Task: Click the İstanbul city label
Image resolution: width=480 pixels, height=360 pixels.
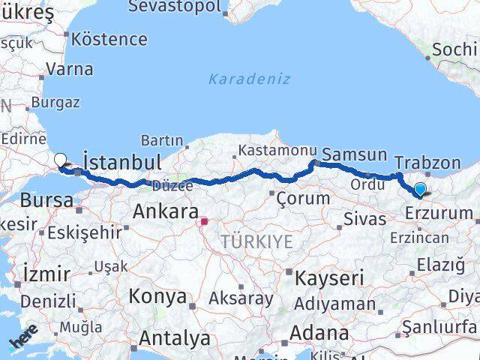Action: pyautogui.click(x=122, y=162)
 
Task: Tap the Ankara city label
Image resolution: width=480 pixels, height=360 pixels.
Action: pyautogui.click(x=166, y=212)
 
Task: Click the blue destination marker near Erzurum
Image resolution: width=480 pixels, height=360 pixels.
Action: pyautogui.click(x=420, y=190)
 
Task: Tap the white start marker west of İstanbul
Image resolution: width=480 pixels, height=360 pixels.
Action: pyautogui.click(x=61, y=159)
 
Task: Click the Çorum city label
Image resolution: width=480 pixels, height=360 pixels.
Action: pyautogui.click(x=303, y=199)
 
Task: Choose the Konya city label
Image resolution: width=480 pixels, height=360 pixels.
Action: pyautogui.click(x=157, y=295)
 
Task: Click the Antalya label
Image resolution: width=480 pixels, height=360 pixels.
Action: pyautogui.click(x=175, y=338)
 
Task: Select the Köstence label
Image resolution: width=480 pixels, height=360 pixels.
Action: pyautogui.click(x=109, y=38)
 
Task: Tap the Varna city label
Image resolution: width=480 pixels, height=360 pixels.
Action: pyautogui.click(x=70, y=70)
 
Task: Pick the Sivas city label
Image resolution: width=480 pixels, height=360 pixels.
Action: pyautogui.click(x=364, y=220)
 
